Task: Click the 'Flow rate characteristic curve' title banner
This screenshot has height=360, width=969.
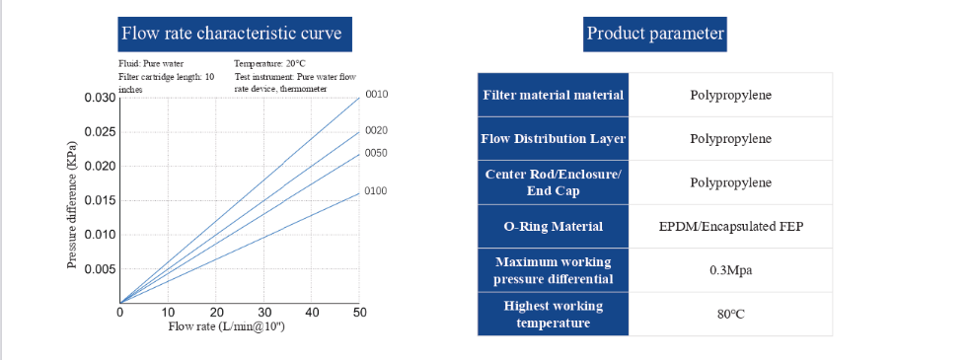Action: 231,34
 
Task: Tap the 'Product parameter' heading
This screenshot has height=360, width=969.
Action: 655,34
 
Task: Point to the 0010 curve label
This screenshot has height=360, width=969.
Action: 377,95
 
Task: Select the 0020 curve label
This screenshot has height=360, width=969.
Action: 376,130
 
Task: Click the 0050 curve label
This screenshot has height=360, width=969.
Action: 376,153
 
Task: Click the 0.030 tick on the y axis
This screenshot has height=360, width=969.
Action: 99,98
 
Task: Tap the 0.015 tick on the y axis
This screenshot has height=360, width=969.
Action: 99,200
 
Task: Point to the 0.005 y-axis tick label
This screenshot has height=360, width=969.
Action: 99,269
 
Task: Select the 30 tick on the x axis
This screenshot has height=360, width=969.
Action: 263,313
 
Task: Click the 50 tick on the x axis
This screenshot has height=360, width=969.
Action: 359,313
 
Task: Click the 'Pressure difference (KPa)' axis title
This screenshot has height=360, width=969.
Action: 72,203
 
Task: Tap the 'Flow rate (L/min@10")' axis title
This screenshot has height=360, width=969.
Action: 227,326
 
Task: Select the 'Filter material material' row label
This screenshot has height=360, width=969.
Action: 553,96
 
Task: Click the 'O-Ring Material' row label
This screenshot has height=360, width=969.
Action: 553,227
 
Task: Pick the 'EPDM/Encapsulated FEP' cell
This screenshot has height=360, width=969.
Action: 730,227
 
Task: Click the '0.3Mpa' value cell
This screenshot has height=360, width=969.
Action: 730,270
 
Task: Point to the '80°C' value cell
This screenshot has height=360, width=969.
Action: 730,315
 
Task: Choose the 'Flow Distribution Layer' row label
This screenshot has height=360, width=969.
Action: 553,139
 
